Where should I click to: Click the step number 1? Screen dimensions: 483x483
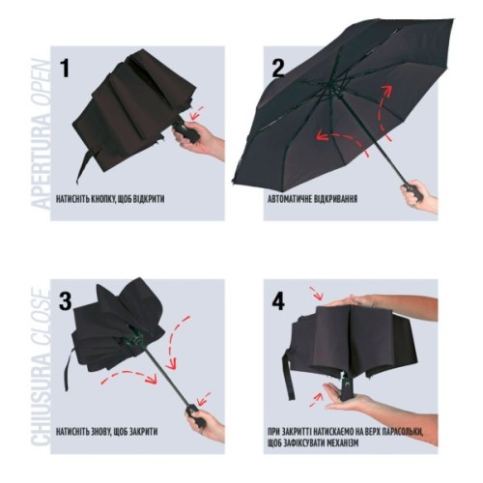[x=65, y=69]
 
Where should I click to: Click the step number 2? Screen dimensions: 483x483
[x=278, y=69]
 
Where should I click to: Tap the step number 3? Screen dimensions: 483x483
[x=66, y=301]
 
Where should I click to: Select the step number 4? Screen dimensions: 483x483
[x=278, y=301]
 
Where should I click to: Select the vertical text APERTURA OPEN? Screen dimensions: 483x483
[x=42, y=134]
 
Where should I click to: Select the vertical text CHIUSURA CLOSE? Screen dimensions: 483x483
[x=42, y=367]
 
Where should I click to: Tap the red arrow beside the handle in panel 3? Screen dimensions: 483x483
[x=204, y=399]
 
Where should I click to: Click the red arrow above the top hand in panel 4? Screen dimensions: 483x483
[x=316, y=293]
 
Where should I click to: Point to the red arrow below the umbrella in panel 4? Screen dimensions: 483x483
[x=316, y=400]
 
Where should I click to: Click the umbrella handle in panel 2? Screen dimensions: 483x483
[x=413, y=191]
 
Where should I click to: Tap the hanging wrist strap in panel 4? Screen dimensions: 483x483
[x=289, y=374]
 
